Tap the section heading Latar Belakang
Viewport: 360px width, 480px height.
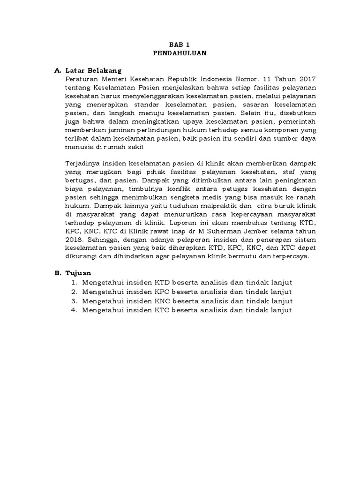pyautogui.click(x=92, y=71)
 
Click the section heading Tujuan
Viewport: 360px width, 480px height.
pyautogui.click(x=79, y=273)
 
